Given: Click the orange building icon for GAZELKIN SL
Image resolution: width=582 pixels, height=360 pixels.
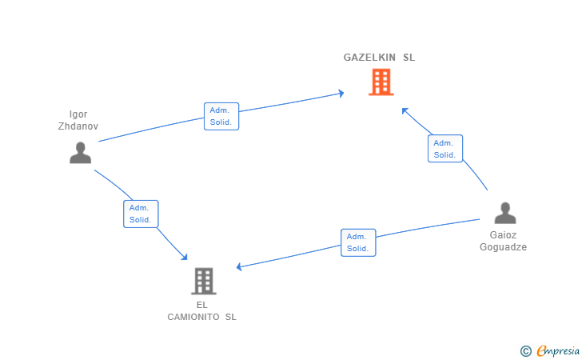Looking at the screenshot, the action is click(381, 82).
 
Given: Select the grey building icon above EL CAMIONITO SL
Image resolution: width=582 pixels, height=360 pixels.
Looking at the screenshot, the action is click(204, 281).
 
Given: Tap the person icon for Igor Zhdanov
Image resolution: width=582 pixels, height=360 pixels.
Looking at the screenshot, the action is click(80, 153).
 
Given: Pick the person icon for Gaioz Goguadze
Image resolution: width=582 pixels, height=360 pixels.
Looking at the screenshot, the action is click(505, 213).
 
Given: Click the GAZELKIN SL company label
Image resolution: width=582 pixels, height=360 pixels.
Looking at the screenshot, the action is click(379, 58).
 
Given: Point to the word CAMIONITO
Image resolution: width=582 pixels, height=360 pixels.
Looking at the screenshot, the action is click(193, 317).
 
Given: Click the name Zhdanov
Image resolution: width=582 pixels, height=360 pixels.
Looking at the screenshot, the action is click(78, 126).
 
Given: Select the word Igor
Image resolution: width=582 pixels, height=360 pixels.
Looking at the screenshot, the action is click(78, 114).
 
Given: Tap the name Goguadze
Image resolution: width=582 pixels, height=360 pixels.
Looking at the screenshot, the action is click(503, 247).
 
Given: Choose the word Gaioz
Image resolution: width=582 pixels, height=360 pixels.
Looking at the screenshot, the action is click(503, 235).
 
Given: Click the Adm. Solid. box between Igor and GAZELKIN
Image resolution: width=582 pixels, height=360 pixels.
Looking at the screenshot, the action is click(221, 116).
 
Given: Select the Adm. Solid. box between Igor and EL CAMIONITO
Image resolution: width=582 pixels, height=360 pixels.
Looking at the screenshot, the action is click(141, 214).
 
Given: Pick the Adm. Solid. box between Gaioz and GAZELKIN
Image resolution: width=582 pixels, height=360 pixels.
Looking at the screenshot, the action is click(445, 149).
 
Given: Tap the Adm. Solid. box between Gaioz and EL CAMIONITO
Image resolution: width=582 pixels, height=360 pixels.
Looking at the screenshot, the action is click(358, 242).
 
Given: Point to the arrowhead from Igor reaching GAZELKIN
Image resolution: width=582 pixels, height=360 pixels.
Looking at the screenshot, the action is click(341, 94).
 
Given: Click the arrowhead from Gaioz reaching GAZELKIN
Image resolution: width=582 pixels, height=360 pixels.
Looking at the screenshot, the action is click(405, 110).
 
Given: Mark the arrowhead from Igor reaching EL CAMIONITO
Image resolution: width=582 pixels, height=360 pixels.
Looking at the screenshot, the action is click(184, 257).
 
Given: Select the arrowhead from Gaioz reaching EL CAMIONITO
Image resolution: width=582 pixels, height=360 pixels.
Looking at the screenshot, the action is click(239, 266).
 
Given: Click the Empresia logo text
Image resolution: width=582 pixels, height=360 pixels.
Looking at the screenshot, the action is click(558, 350).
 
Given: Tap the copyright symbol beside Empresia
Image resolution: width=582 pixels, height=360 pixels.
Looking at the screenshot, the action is click(526, 351).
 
